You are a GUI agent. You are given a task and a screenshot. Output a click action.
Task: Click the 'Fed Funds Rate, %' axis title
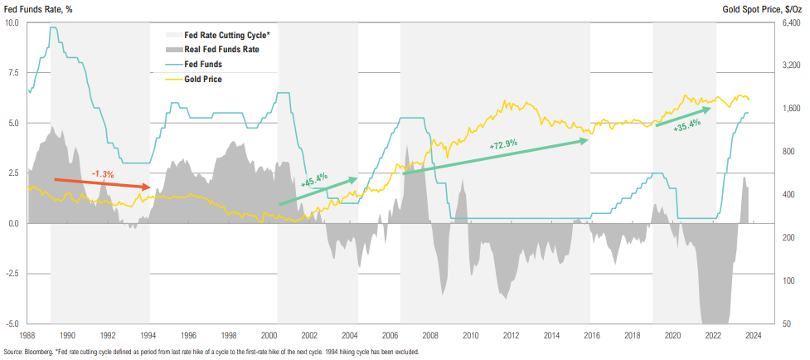click(37, 8)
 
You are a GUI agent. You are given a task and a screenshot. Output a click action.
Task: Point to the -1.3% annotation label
click(102, 174)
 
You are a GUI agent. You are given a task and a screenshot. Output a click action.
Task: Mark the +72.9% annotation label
click(503, 144)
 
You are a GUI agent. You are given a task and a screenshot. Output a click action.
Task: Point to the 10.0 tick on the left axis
click(12, 22)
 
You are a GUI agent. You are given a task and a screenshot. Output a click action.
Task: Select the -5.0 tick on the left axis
click(12, 324)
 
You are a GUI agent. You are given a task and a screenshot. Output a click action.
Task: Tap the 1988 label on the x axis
click(27, 335)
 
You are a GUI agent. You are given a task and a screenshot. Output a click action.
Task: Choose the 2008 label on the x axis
click(430, 335)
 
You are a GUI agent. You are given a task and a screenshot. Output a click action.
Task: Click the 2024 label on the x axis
click(753, 335)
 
